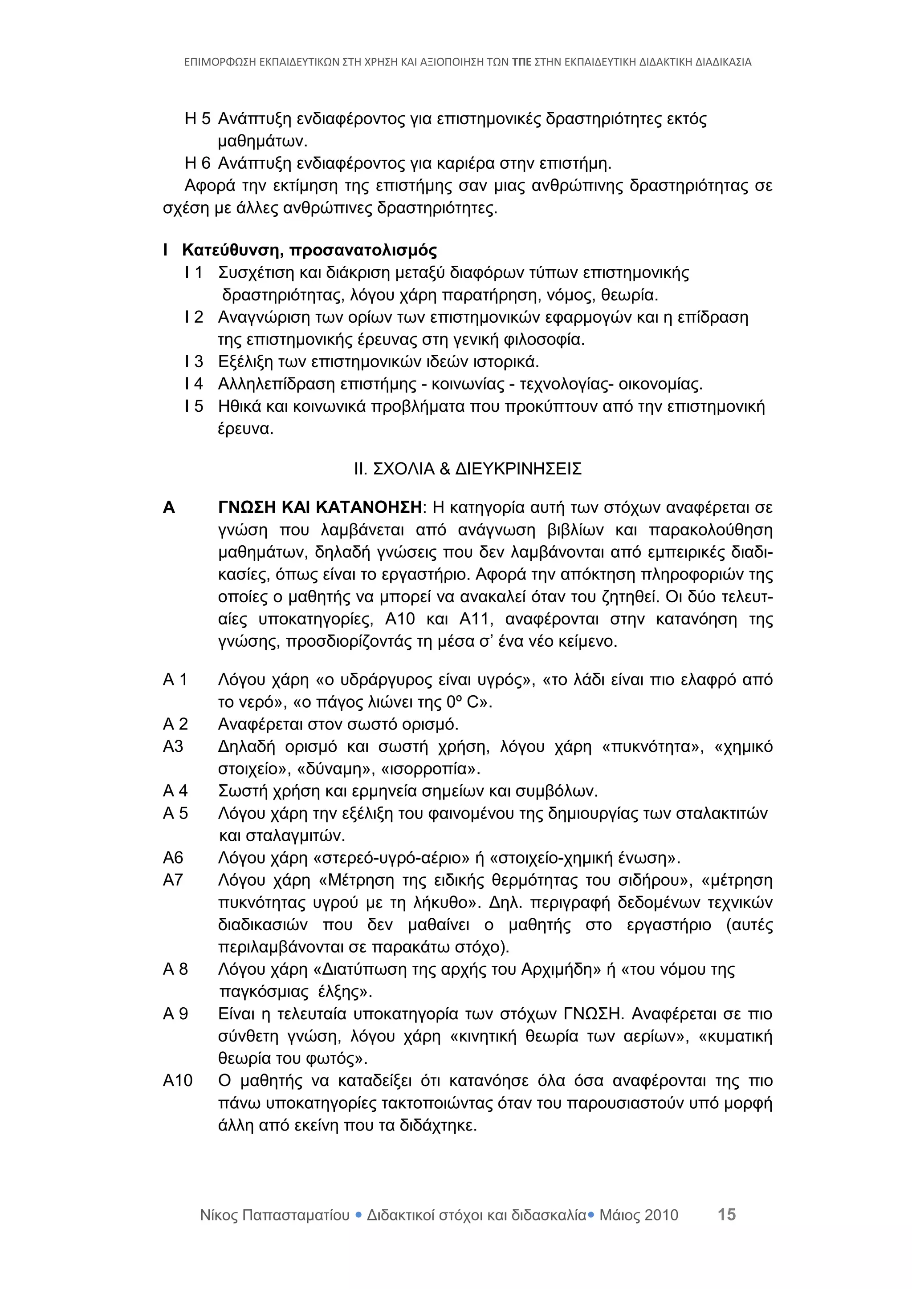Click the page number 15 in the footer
pyautogui.click(x=726, y=1214)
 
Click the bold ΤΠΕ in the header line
pyautogui.click(x=521, y=62)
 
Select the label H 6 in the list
pyautogui.click(x=197, y=163)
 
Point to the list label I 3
pyautogui.click(x=194, y=361)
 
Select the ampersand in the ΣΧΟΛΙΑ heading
pyautogui.click(x=445, y=468)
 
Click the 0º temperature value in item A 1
pyautogui.click(x=454, y=702)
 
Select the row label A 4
pyautogui.click(x=175, y=790)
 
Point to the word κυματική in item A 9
pyautogui.click(x=740, y=1036)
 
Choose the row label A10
pyautogui.click(x=178, y=1080)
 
